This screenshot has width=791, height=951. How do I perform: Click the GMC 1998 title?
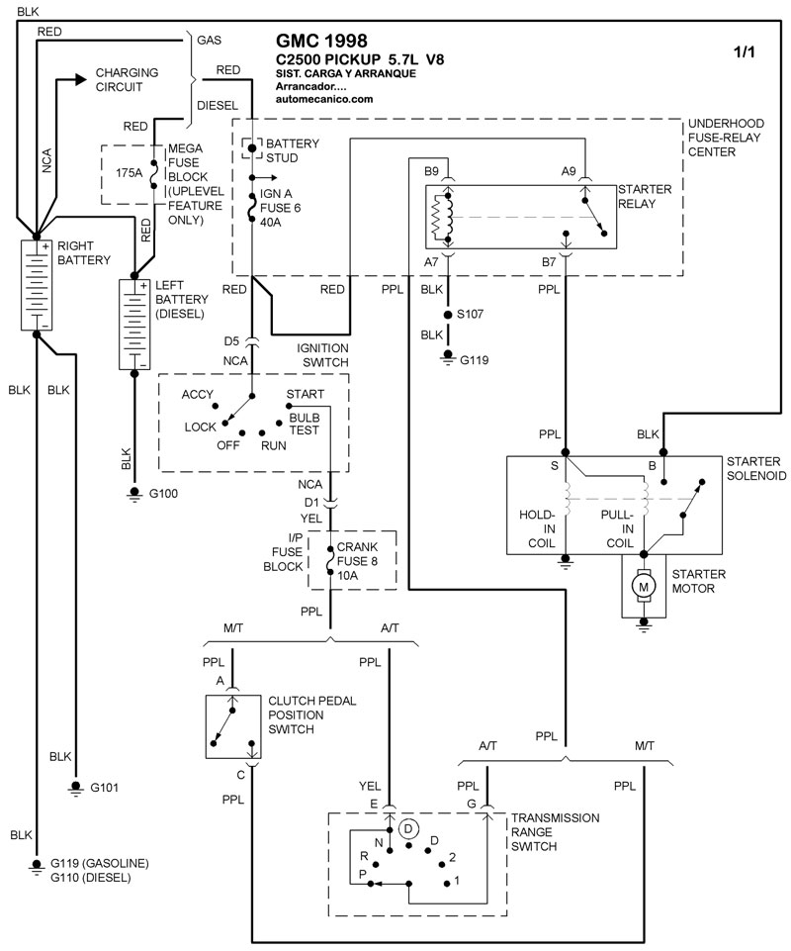321,42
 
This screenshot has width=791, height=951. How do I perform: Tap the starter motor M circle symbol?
644,588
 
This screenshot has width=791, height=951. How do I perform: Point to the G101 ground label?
104,789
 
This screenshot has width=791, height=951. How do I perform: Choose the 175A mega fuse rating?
129,172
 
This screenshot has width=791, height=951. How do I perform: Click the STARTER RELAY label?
644,196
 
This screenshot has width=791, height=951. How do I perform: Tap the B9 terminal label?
432,171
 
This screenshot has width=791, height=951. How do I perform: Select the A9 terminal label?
569,171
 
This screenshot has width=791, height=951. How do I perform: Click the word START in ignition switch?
304,394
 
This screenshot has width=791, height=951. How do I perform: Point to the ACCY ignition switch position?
198,394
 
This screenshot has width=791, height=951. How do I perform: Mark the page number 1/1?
743,52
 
